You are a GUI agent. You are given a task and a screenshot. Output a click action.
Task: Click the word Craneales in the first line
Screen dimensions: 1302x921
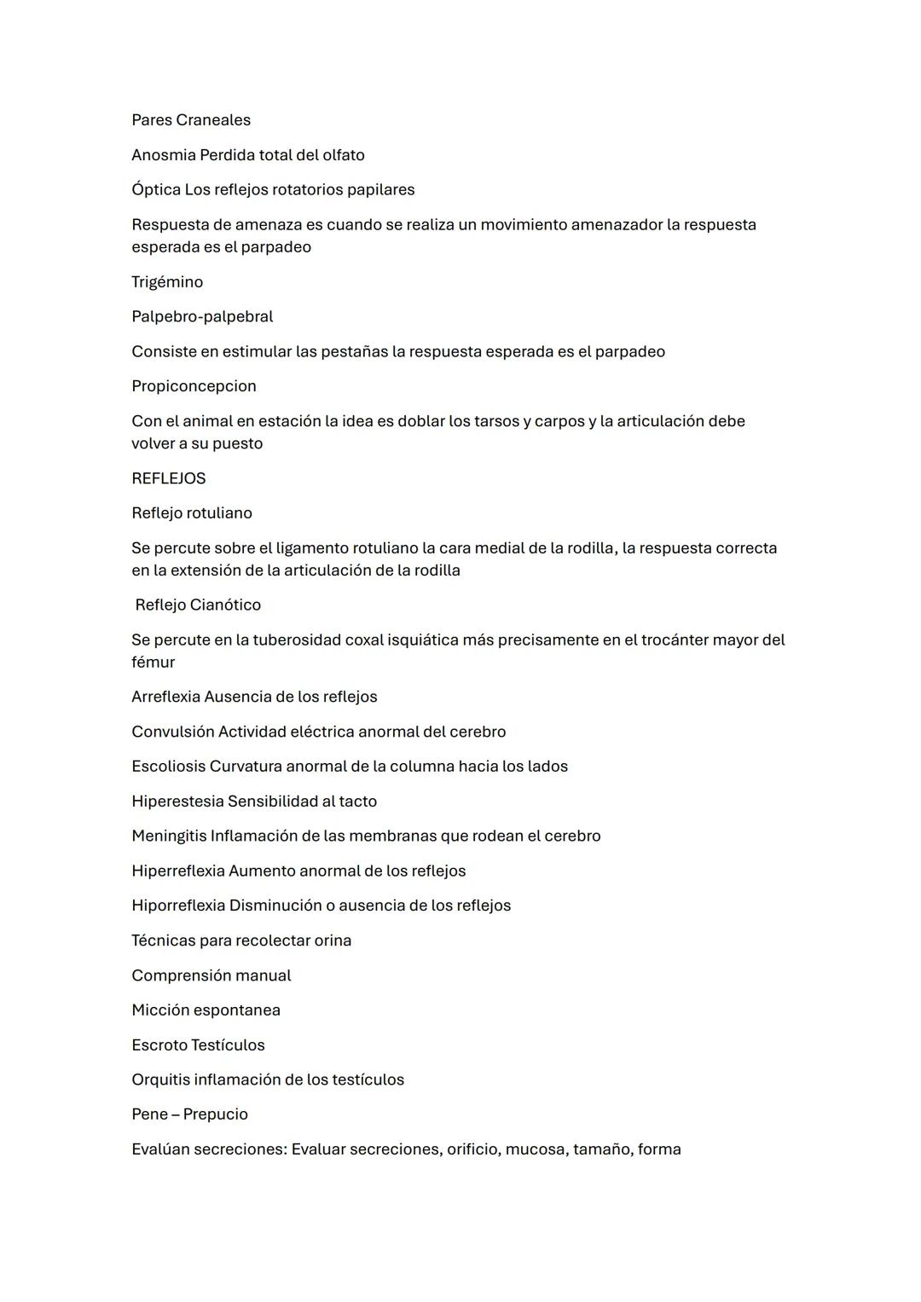pos(213,120)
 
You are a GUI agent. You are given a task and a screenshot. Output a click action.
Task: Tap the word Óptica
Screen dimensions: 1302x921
pos(156,189)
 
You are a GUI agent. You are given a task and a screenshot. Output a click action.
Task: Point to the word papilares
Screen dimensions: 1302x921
pos(379,189)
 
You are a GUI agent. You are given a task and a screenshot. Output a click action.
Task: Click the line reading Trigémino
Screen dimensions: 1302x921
pos(167,282)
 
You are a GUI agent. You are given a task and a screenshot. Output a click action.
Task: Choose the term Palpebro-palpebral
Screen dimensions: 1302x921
pos(202,316)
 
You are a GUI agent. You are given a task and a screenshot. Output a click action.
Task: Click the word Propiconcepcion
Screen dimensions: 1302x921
pos(194,386)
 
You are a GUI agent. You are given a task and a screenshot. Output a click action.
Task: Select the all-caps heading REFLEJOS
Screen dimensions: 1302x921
pos(169,478)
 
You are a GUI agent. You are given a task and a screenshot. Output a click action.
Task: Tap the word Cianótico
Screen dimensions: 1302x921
pos(225,605)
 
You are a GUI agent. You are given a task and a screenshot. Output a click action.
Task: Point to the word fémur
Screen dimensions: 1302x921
pos(153,663)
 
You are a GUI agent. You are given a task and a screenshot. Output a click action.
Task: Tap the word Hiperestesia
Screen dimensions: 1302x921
pos(177,801)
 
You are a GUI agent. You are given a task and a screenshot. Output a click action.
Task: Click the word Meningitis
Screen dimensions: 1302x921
pos(169,836)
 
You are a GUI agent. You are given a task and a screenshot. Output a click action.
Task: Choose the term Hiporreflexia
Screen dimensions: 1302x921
pos(178,906)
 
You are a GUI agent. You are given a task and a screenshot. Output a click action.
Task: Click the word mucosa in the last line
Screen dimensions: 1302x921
pos(536,1149)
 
